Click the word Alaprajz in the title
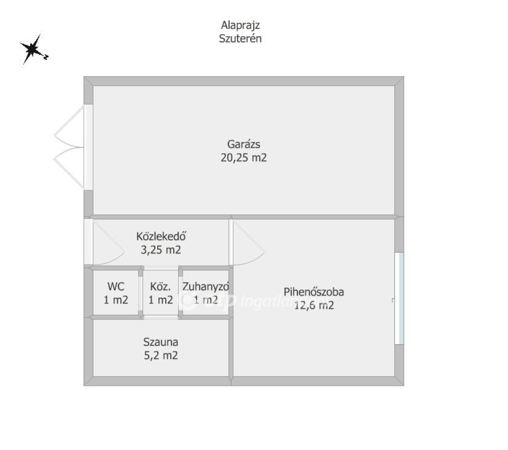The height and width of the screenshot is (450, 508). (x=240, y=25)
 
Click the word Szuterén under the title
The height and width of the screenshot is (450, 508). (x=240, y=38)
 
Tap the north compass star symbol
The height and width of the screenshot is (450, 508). (x=32, y=49)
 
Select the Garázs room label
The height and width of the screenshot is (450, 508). (x=244, y=144)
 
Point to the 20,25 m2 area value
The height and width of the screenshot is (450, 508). (x=244, y=157)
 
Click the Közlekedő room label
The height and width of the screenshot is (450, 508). (x=161, y=236)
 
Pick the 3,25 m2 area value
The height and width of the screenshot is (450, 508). (x=161, y=250)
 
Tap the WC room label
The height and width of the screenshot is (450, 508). (x=116, y=287)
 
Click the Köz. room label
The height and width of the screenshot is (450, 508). (x=160, y=287)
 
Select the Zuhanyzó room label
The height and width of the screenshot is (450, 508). (x=206, y=287)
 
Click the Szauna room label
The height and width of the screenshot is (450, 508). (x=161, y=342)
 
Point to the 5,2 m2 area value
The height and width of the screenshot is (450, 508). (x=161, y=356)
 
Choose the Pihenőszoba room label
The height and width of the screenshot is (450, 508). (x=314, y=292)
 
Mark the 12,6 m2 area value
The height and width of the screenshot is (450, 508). (x=314, y=305)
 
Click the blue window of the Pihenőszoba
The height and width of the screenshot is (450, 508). (x=399, y=298)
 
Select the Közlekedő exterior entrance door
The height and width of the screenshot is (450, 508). (x=88, y=242)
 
